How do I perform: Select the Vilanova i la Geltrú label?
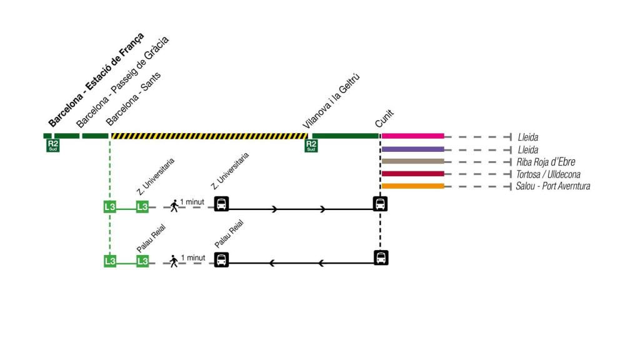[x=332, y=101]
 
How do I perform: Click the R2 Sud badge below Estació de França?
[x=52, y=146]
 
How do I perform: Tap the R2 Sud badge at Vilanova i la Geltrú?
[x=311, y=146]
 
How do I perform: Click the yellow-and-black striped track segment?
[x=209, y=136]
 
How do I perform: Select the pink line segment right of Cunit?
[x=412, y=136]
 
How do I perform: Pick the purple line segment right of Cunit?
[x=412, y=149]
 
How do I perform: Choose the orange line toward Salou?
[x=412, y=186]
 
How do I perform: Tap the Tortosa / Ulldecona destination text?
[x=549, y=174]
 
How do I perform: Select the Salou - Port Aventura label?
[x=552, y=186]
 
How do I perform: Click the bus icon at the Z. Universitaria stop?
[x=221, y=204]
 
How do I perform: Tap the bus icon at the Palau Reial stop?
[x=221, y=259]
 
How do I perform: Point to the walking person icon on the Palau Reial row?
[x=174, y=261]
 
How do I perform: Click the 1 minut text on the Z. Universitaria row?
[x=192, y=202]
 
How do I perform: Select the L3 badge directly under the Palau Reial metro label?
[x=142, y=261]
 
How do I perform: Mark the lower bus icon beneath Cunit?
[x=381, y=257]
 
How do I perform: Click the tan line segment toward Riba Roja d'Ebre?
[x=412, y=161]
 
